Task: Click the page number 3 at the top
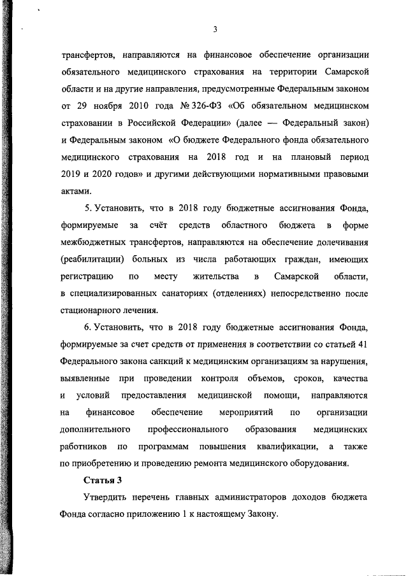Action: click(x=215, y=29)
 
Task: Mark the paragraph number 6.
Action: click(x=88, y=346)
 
